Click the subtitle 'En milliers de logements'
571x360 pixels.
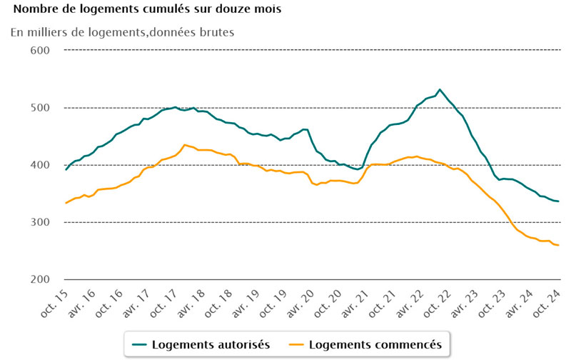(122, 31)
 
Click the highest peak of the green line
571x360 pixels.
(440, 89)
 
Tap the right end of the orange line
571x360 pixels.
(558, 246)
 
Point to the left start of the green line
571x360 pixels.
(66, 170)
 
